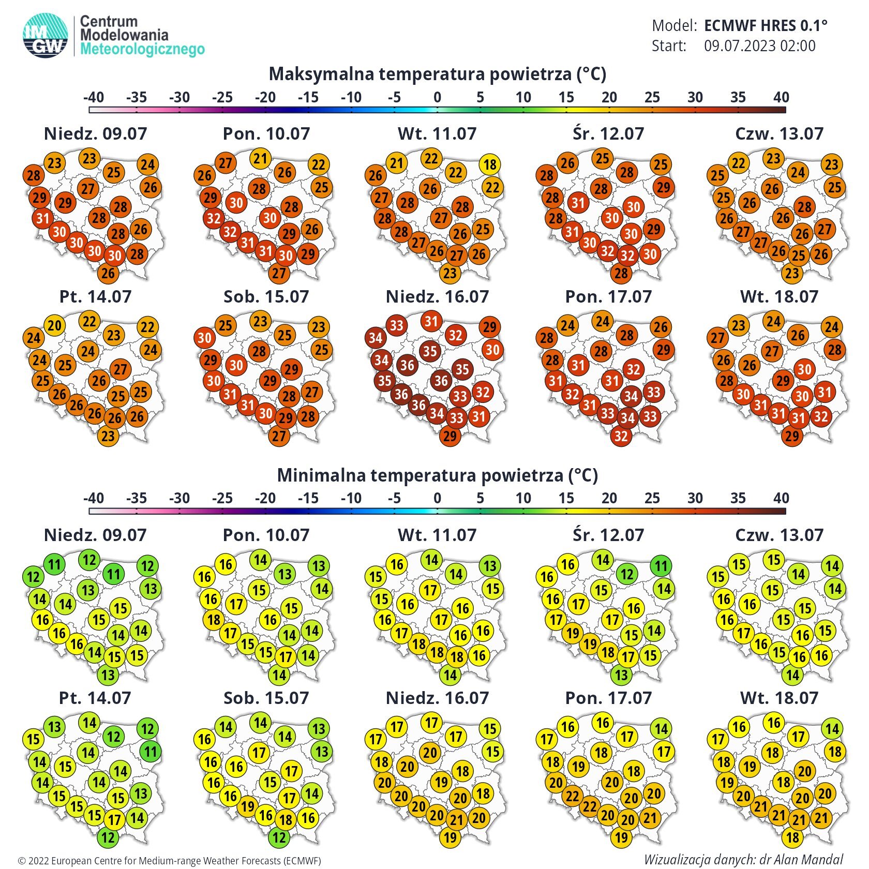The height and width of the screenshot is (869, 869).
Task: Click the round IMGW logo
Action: [46, 35]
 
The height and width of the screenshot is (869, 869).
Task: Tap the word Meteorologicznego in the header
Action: [143, 50]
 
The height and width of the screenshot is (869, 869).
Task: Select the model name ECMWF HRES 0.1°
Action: [766, 25]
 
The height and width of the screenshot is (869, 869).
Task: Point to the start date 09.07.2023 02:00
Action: [759, 46]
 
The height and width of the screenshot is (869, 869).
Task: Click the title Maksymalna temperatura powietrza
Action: [437, 74]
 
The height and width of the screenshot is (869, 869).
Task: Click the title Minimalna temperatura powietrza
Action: [437, 475]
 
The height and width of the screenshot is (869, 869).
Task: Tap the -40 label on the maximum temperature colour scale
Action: [94, 97]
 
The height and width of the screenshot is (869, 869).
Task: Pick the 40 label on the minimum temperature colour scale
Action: [781, 498]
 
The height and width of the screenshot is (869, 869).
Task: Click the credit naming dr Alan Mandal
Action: [743, 859]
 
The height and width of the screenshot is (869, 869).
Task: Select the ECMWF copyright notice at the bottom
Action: [170, 861]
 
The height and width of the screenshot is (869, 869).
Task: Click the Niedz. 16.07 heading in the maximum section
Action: [437, 296]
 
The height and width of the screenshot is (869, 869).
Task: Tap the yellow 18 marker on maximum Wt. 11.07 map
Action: [490, 164]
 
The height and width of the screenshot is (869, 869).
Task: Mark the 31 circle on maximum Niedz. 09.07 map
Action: [43, 218]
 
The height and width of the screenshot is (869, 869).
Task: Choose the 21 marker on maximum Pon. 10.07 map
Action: [260, 158]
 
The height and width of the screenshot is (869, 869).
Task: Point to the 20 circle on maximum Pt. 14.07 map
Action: [54, 325]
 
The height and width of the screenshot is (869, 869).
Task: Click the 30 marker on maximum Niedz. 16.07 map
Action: [492, 350]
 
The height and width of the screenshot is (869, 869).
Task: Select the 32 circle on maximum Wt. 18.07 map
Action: [821, 416]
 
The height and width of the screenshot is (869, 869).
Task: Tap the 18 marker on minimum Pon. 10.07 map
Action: [214, 619]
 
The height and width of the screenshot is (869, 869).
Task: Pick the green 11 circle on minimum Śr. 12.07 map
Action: [661, 566]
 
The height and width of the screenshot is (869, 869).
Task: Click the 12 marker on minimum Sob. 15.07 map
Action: [279, 837]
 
